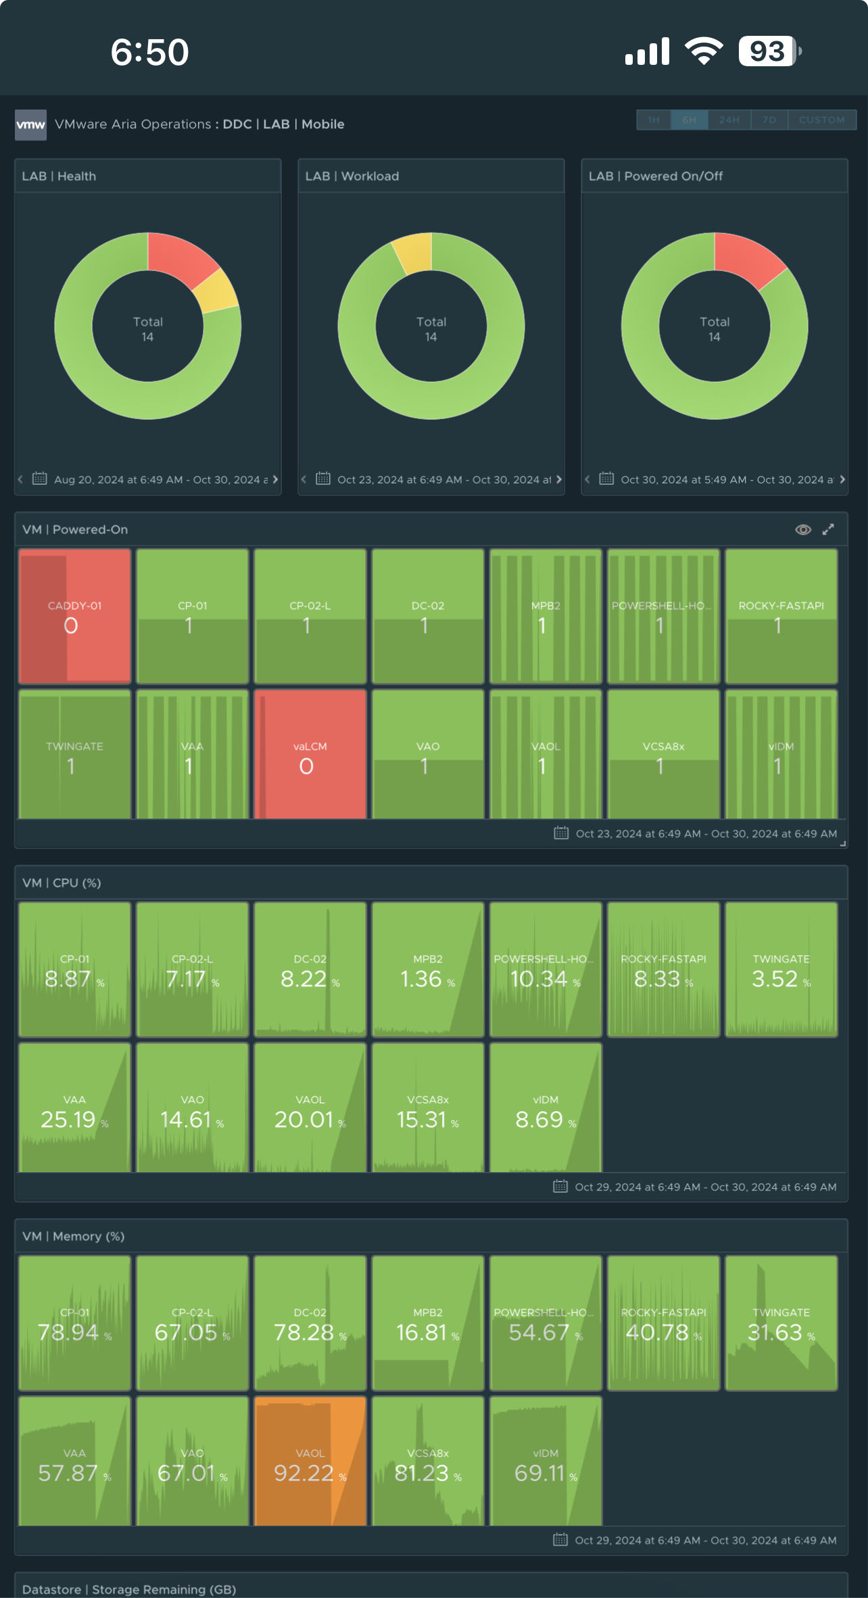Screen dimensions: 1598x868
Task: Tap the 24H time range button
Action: (729, 120)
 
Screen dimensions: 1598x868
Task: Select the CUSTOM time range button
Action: (821, 120)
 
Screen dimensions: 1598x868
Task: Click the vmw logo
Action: (30, 124)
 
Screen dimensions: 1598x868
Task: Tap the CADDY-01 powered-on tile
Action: (74, 615)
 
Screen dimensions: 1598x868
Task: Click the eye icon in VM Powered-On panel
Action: (802, 529)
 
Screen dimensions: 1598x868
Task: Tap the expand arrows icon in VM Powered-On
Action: (828, 529)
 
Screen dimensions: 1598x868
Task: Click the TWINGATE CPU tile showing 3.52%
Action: (781, 969)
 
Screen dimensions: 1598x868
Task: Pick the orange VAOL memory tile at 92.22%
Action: (310, 1461)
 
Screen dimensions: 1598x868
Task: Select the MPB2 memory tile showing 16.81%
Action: (427, 1323)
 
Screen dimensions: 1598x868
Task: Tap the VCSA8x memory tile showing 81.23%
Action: (427, 1461)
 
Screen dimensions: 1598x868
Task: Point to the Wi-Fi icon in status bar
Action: (704, 51)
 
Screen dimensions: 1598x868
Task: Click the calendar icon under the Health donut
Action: (40, 479)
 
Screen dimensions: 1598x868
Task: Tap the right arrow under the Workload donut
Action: (558, 479)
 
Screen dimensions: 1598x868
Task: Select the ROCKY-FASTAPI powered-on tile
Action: (781, 615)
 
